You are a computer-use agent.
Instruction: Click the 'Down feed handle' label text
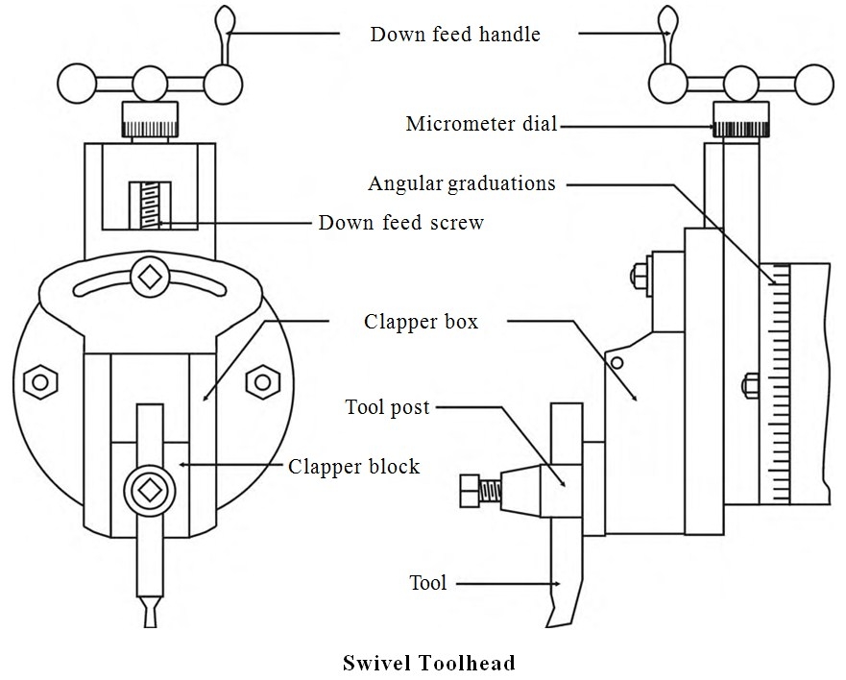455,35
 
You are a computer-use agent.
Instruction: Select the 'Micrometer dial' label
481,124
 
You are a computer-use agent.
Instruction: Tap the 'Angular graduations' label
462,182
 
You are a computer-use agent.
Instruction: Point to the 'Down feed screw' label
401,223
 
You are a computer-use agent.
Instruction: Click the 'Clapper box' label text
421,321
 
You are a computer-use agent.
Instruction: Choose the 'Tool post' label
387,406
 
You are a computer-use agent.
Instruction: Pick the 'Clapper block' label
354,467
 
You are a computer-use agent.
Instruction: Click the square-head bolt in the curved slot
149,276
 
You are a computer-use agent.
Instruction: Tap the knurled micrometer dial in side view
740,126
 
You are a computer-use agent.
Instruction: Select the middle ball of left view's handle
149,84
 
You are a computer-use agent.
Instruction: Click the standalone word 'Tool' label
427,582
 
